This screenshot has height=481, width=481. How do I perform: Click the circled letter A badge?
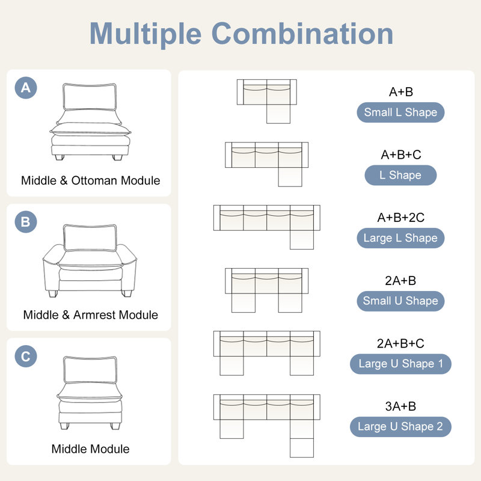26,88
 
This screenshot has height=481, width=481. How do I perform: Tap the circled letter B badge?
26,222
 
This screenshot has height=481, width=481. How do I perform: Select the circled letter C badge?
26,356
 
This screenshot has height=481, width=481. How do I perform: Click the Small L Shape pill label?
400,112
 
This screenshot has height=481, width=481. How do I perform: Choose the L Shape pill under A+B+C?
400,175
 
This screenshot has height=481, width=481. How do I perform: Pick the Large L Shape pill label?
400,238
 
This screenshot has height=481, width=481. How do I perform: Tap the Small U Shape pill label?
400,301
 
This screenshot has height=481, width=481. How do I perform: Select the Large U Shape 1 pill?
400,364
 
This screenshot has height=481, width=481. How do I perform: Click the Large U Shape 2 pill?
400,427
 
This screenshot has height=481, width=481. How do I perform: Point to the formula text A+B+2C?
400,218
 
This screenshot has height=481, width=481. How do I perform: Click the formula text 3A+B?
400,406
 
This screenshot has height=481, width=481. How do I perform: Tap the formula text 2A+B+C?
400,343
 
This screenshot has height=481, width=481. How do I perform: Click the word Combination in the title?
302,34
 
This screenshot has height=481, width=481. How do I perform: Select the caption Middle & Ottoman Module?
91,180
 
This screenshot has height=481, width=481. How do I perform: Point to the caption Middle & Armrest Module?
91,314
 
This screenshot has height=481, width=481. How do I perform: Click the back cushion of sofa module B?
90,237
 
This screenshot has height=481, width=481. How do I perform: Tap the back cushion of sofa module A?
90,97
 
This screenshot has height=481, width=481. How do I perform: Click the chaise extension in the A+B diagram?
278,114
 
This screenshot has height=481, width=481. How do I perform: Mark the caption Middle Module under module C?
91,449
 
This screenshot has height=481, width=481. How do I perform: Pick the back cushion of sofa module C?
90,370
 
